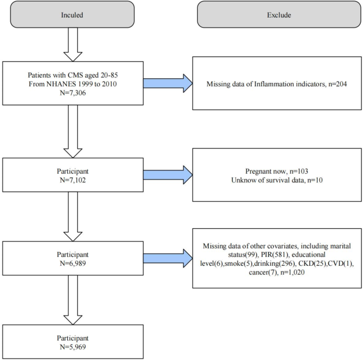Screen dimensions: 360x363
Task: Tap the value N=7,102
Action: pos(73,180)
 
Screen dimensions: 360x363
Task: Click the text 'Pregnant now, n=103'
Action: pos(278,171)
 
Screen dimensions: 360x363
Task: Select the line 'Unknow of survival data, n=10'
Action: pos(278,181)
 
